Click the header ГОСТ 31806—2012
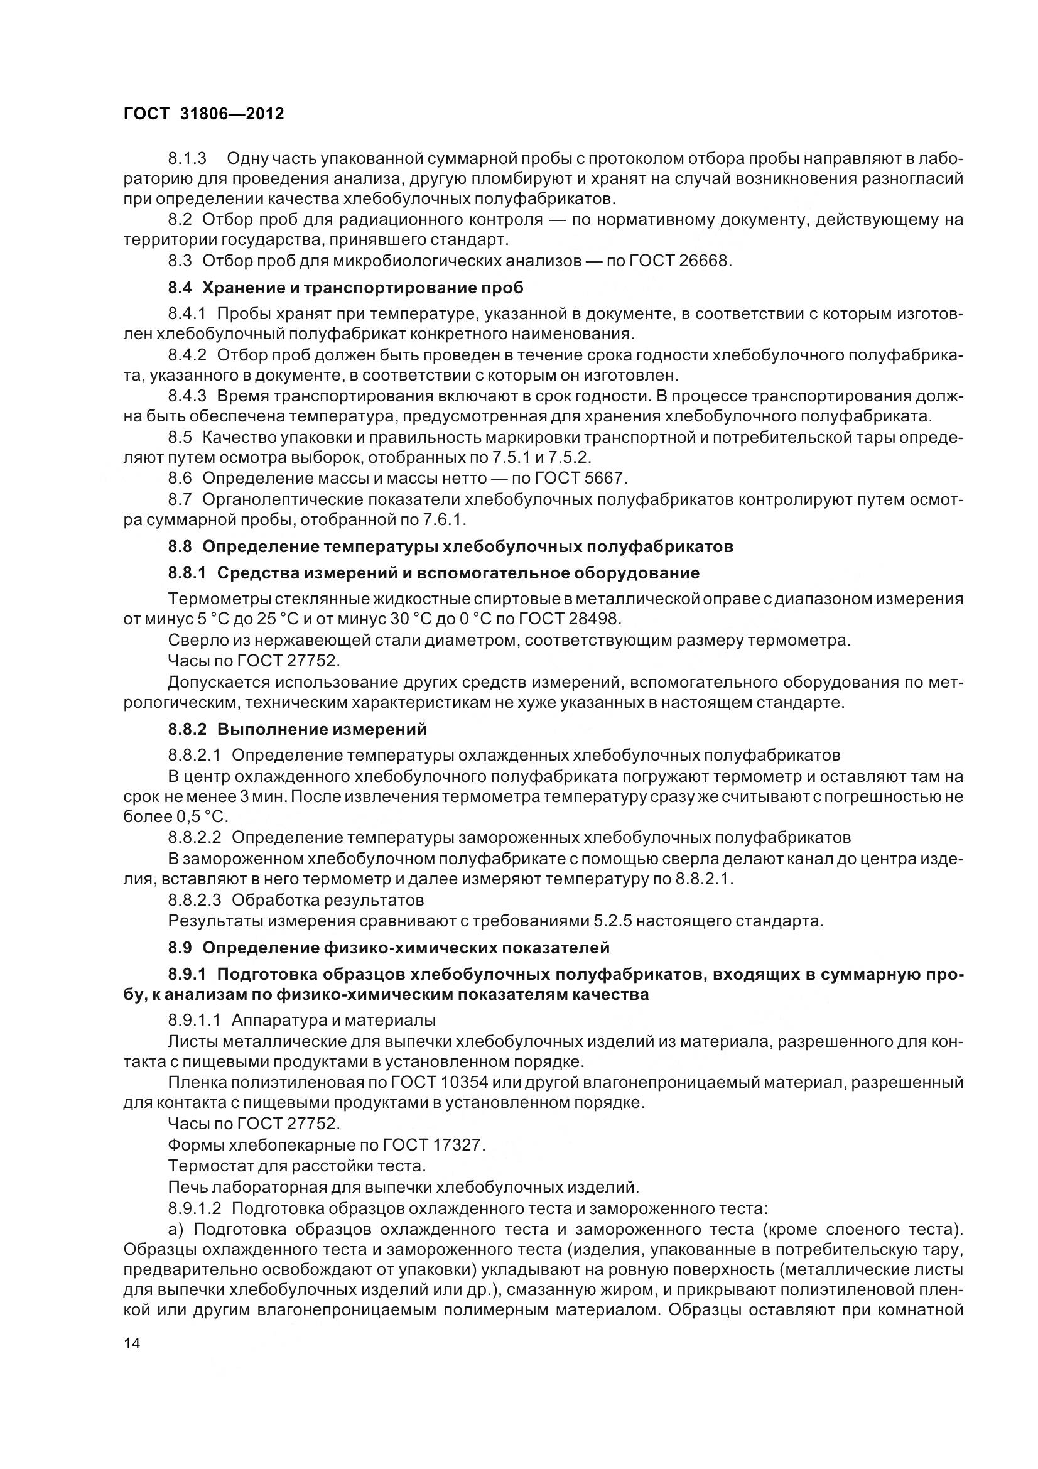click(203, 114)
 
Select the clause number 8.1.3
click(187, 158)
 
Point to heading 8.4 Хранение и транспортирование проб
click(345, 288)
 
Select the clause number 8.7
click(180, 499)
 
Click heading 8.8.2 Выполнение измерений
click(298, 729)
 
